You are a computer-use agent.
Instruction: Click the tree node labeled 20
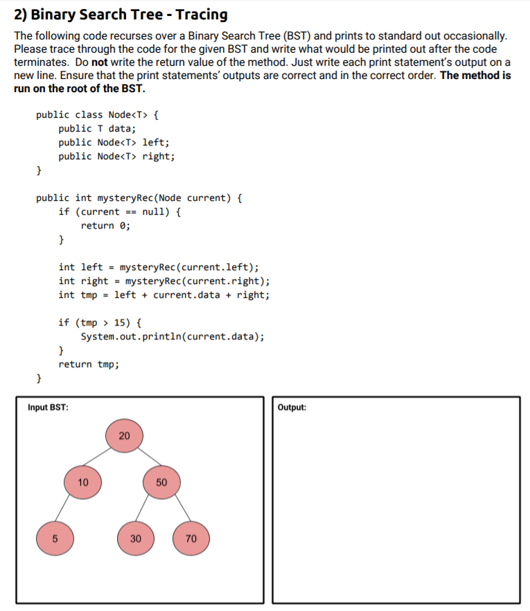(x=124, y=436)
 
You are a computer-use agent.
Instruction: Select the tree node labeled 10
(x=83, y=483)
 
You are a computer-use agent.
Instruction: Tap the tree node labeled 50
(x=161, y=483)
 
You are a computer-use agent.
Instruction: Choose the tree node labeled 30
(x=135, y=538)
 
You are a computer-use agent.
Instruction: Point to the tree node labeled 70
(x=192, y=538)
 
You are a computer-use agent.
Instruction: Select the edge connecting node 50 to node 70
(x=177, y=511)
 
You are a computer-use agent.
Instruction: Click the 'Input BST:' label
(x=48, y=407)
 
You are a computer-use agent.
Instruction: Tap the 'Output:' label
(x=292, y=407)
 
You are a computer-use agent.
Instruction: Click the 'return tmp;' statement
(x=89, y=364)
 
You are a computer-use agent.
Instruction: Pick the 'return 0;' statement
(x=105, y=226)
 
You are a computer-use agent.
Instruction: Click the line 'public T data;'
(x=97, y=128)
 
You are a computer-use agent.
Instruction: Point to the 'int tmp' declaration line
(x=164, y=295)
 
